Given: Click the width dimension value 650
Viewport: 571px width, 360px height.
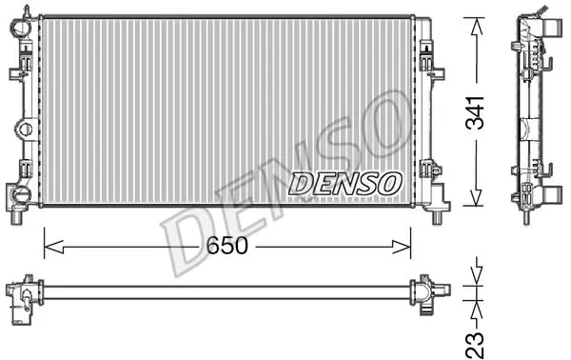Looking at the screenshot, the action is (x=226, y=246).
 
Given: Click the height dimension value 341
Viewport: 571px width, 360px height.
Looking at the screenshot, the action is (x=475, y=112).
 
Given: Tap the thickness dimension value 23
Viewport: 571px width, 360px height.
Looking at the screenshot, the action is (x=475, y=345).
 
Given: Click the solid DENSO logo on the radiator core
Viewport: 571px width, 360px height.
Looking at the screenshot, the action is (x=345, y=183).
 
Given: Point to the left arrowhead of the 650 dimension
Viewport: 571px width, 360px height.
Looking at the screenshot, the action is (x=53, y=247).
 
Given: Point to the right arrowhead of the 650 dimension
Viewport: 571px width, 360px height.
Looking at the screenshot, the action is (x=401, y=247).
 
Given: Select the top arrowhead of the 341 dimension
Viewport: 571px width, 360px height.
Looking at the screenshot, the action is (x=476, y=27).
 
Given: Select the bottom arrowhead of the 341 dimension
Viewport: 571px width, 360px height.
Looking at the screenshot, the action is (x=476, y=197).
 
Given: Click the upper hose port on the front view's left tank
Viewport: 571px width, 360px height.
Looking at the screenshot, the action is (x=20, y=27).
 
